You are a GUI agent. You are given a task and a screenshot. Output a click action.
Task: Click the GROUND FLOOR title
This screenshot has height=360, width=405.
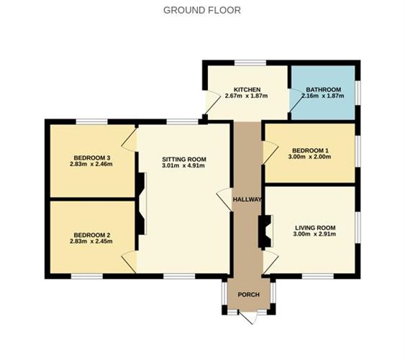click(202, 10)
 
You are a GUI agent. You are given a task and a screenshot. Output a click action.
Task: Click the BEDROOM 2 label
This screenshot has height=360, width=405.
click(92, 234)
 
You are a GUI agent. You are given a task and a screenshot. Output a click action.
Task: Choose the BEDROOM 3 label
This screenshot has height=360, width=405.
click(92, 157)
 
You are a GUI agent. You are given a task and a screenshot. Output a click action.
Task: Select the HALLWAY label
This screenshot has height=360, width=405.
click(247, 199)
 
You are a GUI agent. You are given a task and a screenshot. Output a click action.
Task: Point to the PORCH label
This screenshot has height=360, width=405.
click(248, 293)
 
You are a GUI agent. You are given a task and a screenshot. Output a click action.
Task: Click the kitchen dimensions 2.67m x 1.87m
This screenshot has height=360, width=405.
click(246, 96)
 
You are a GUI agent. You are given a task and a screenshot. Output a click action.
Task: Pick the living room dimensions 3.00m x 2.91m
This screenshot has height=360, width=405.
click(314, 235)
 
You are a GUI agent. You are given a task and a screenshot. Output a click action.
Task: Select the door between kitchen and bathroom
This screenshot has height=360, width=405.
click(293, 103)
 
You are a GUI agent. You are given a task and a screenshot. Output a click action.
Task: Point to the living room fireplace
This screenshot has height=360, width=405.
click(264, 231)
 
